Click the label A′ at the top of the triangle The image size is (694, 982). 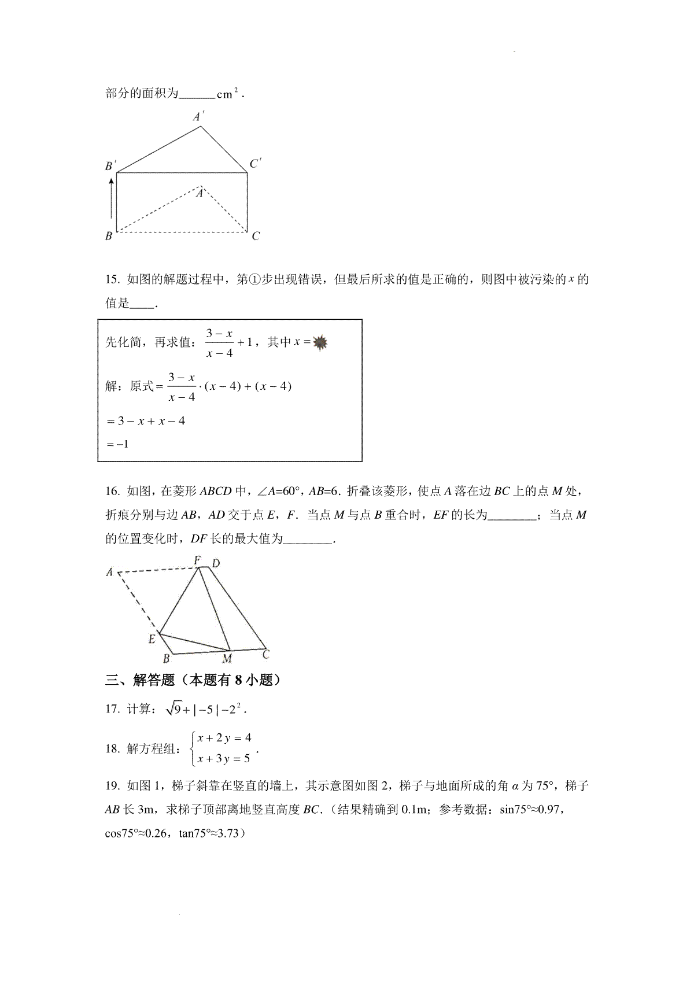point(198,117)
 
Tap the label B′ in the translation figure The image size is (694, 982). point(110,167)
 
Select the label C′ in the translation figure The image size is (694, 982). point(255,164)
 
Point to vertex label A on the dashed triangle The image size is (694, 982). point(200,193)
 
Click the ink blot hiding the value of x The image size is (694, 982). point(320,343)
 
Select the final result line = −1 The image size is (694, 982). point(117,444)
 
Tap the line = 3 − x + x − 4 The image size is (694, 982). point(146,421)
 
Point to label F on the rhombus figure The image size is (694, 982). point(197,560)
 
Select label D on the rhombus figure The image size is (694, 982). point(215,563)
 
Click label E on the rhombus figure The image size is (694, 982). point(152,639)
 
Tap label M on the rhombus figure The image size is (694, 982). point(227,659)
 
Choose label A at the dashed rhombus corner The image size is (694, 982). point(109,573)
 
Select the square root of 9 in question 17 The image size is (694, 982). point(173,708)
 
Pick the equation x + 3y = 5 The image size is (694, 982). point(224,758)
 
